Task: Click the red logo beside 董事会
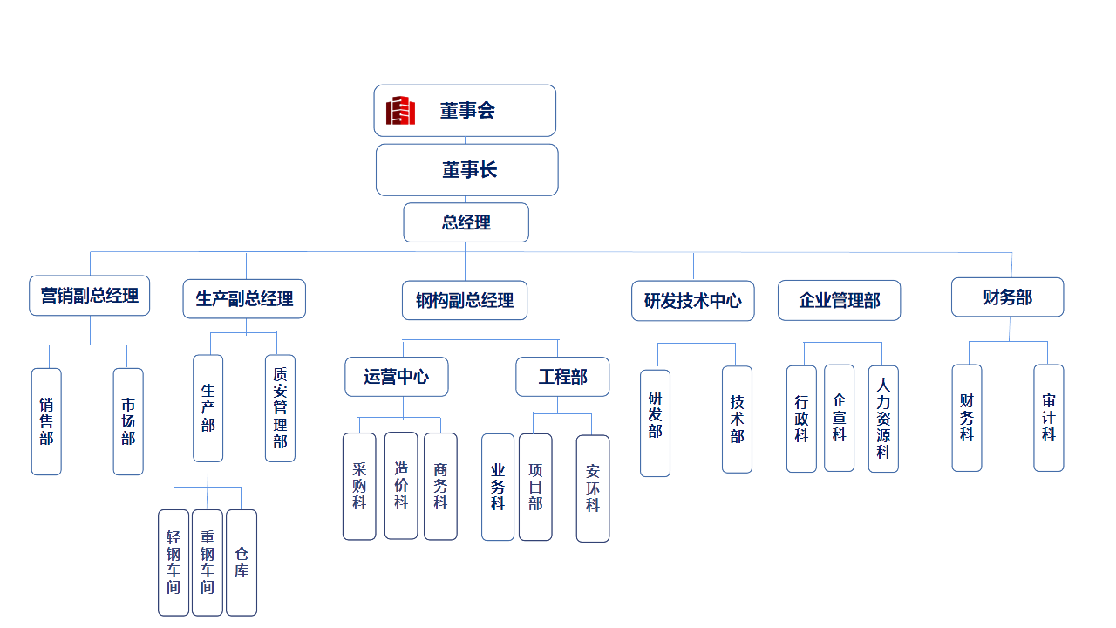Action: [400, 111]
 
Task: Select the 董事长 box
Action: [467, 170]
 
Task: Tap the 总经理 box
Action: [466, 222]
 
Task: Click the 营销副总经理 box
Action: [90, 296]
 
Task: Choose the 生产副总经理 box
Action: [244, 299]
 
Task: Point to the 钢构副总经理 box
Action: [465, 300]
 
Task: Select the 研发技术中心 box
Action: [693, 301]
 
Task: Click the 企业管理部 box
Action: [839, 301]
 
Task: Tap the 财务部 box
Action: [1007, 297]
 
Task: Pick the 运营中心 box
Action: [397, 377]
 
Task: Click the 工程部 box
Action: [562, 377]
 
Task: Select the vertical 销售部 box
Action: [46, 421]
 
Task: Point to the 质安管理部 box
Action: [280, 407]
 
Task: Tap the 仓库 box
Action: [242, 563]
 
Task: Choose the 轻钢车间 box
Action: [174, 563]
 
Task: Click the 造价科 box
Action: [401, 486]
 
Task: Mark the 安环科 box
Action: [593, 488]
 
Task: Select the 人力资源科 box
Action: [883, 419]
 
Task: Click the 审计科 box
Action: [1049, 418]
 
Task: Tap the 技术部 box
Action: [737, 420]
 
